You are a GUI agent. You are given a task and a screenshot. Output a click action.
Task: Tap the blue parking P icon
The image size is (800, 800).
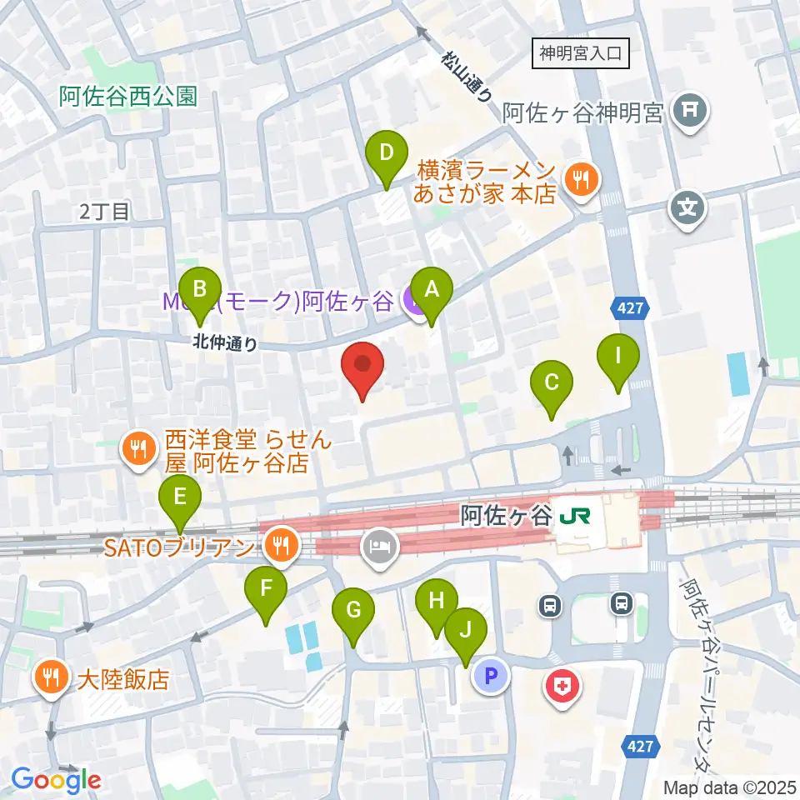point(491,676)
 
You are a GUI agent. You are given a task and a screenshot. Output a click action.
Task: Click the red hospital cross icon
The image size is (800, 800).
point(562,687)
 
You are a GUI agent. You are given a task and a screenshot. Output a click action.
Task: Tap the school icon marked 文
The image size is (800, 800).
point(689,205)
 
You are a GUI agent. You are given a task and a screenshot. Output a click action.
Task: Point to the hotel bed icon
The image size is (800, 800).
point(380,547)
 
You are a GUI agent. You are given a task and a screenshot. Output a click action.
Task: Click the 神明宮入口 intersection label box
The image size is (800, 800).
point(581,55)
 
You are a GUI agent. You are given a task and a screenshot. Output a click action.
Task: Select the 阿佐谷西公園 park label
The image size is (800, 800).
point(128,97)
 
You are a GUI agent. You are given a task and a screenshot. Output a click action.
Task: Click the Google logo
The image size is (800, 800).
point(57,780)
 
